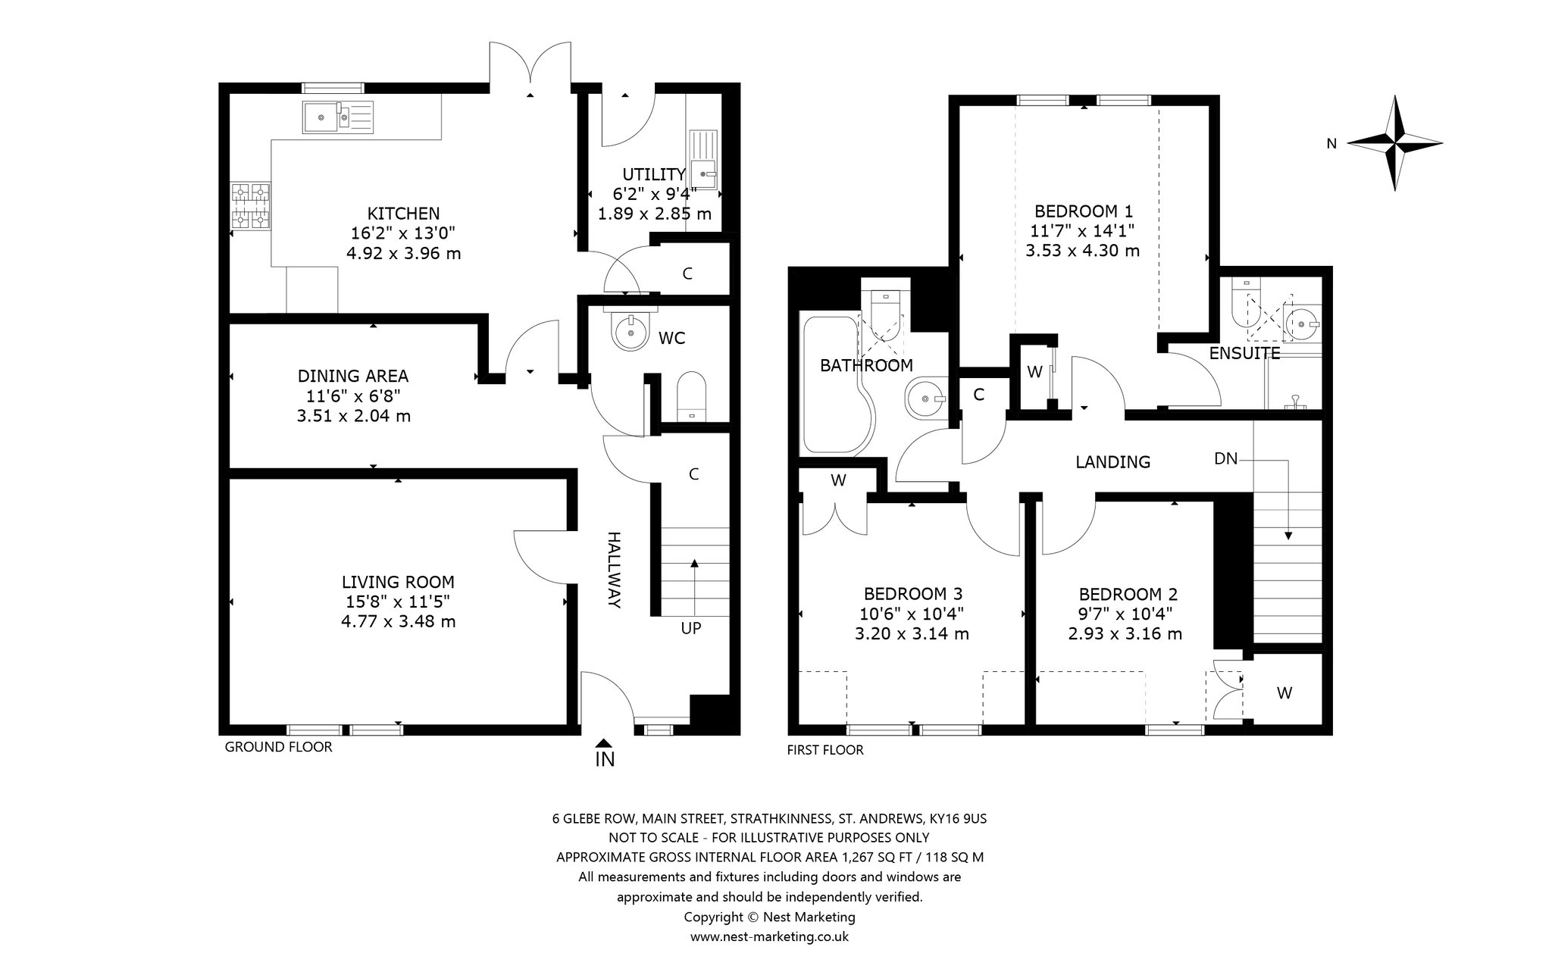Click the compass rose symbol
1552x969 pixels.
(x=1394, y=142)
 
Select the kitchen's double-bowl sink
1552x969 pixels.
(x=337, y=117)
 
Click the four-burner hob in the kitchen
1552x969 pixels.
(x=251, y=205)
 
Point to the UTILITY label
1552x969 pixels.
(x=654, y=174)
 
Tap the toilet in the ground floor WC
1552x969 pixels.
(x=690, y=395)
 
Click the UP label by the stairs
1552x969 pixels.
(x=691, y=628)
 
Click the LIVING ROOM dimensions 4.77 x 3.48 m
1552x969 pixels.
(x=399, y=622)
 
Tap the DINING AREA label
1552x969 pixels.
(x=353, y=376)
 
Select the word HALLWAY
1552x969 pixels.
(x=614, y=570)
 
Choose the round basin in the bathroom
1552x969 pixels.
(x=925, y=395)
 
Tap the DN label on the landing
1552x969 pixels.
(x=1225, y=458)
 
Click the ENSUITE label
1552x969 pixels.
(x=1244, y=353)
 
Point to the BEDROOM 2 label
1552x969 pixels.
(x=1128, y=595)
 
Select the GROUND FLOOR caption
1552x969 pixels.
(x=278, y=747)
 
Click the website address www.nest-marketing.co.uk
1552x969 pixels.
(x=769, y=936)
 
